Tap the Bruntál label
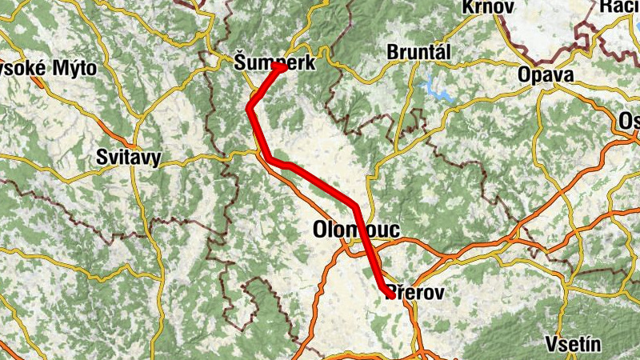[418, 52]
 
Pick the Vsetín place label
[572, 345]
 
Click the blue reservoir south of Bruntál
[437, 86]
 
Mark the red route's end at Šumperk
[283, 67]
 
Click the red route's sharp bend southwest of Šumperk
[250, 107]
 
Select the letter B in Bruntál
[392, 52]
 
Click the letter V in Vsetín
[550, 345]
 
